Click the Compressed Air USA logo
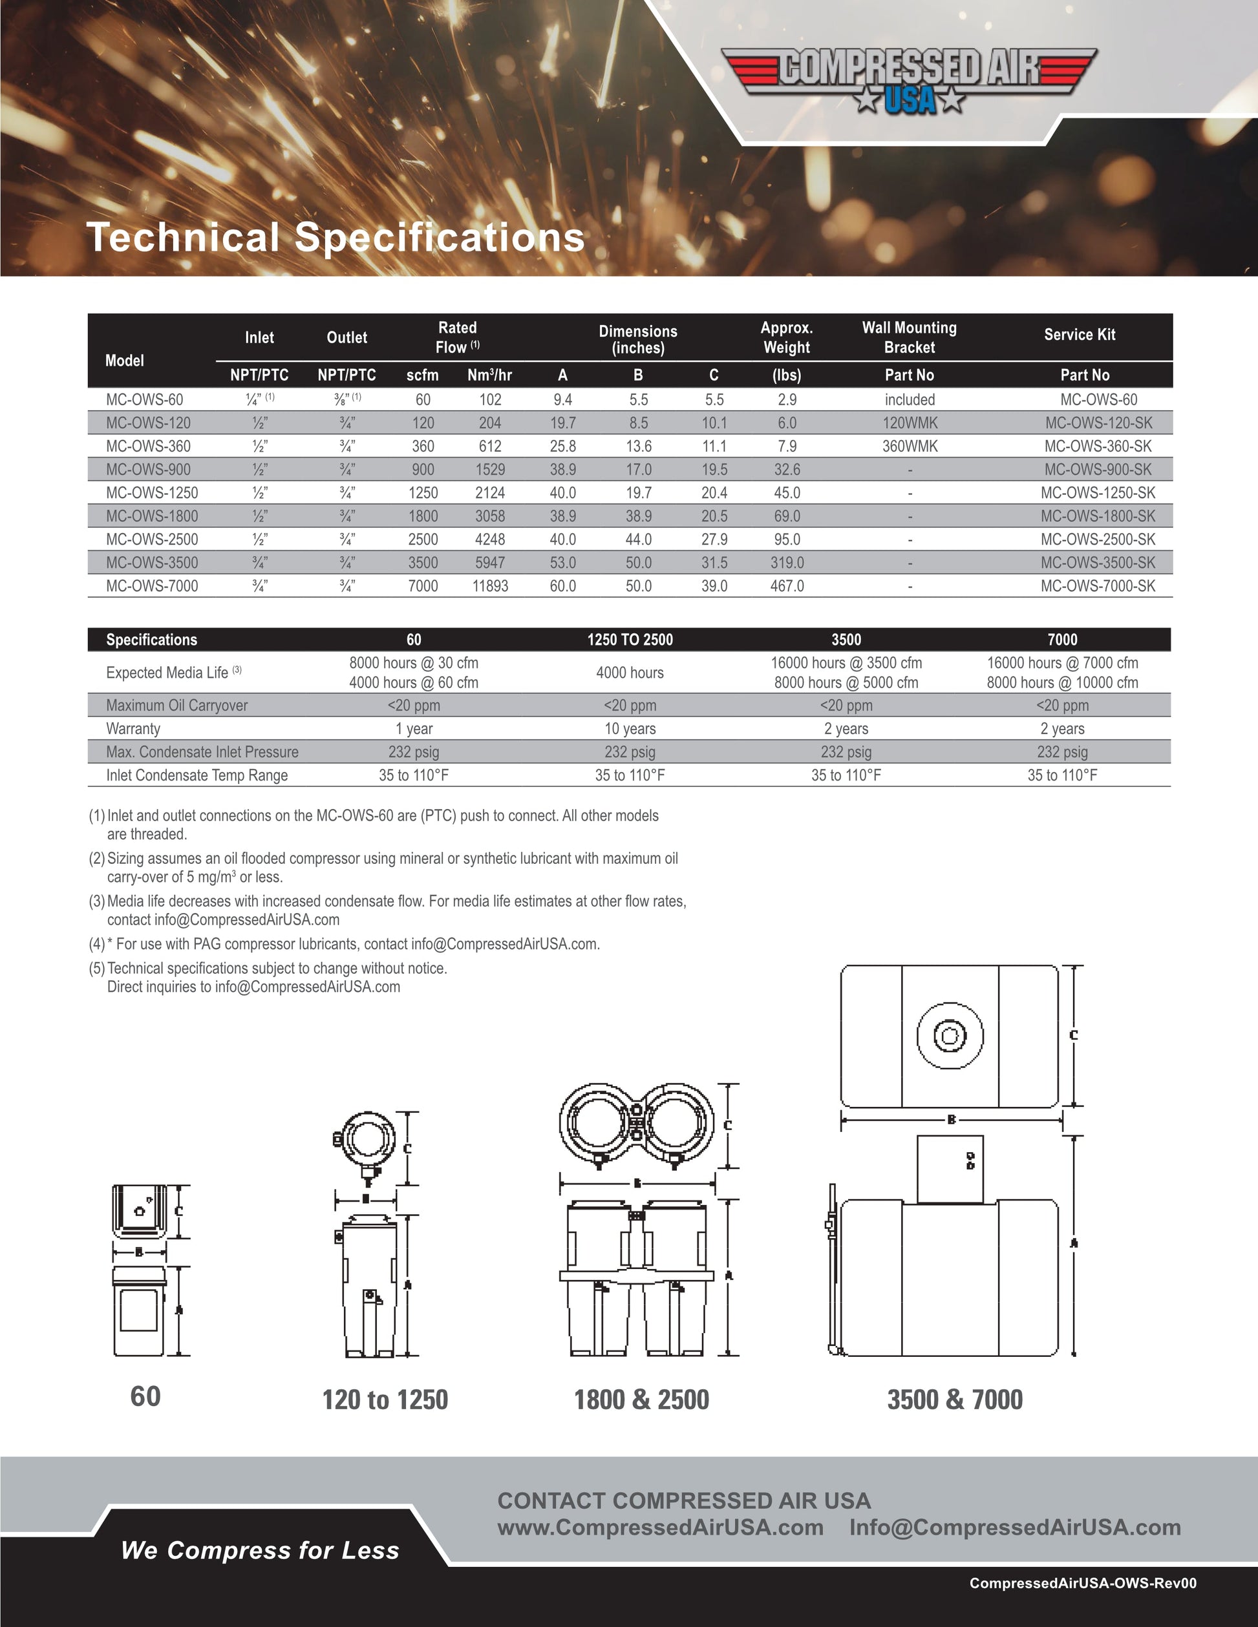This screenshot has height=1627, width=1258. point(909,79)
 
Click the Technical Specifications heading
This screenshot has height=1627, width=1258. point(336,237)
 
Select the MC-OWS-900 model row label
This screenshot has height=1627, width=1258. point(148,469)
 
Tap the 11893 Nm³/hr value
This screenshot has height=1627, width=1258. point(489,586)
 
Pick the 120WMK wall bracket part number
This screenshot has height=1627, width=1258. point(909,423)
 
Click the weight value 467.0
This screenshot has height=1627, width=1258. point(787,586)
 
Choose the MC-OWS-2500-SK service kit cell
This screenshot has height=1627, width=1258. point(1098,540)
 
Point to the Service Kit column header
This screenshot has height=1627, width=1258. point(1079,335)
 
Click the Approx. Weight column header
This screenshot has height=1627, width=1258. point(786,337)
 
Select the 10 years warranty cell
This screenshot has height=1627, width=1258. point(630,729)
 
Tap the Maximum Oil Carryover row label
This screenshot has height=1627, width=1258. point(176,706)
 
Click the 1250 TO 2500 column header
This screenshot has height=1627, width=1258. point(630,640)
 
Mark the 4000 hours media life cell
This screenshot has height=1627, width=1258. point(630,673)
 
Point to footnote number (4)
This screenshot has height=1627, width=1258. point(97,945)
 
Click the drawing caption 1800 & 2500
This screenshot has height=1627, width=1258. point(641,1400)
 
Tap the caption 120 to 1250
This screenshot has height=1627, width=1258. point(385,1400)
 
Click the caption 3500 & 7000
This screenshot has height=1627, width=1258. point(955,1400)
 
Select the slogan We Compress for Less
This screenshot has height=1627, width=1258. point(260,1550)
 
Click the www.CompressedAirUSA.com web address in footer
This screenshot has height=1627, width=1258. point(660,1528)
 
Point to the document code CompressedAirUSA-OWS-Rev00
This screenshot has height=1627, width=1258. point(1082,1583)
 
